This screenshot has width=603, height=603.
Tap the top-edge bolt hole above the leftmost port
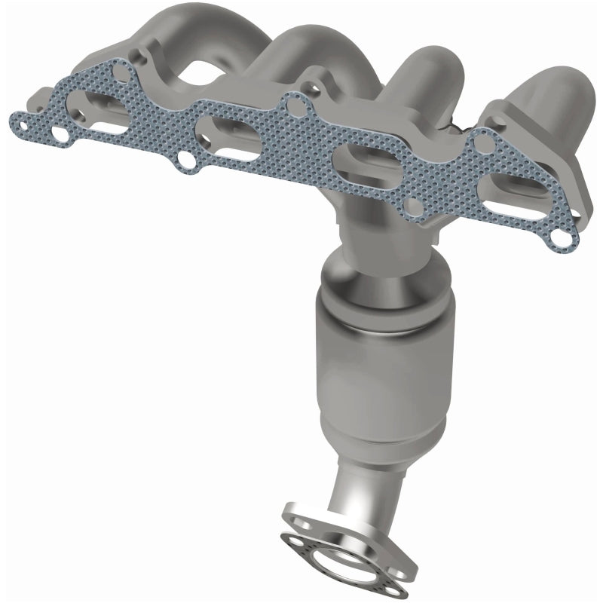(x=120, y=72)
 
